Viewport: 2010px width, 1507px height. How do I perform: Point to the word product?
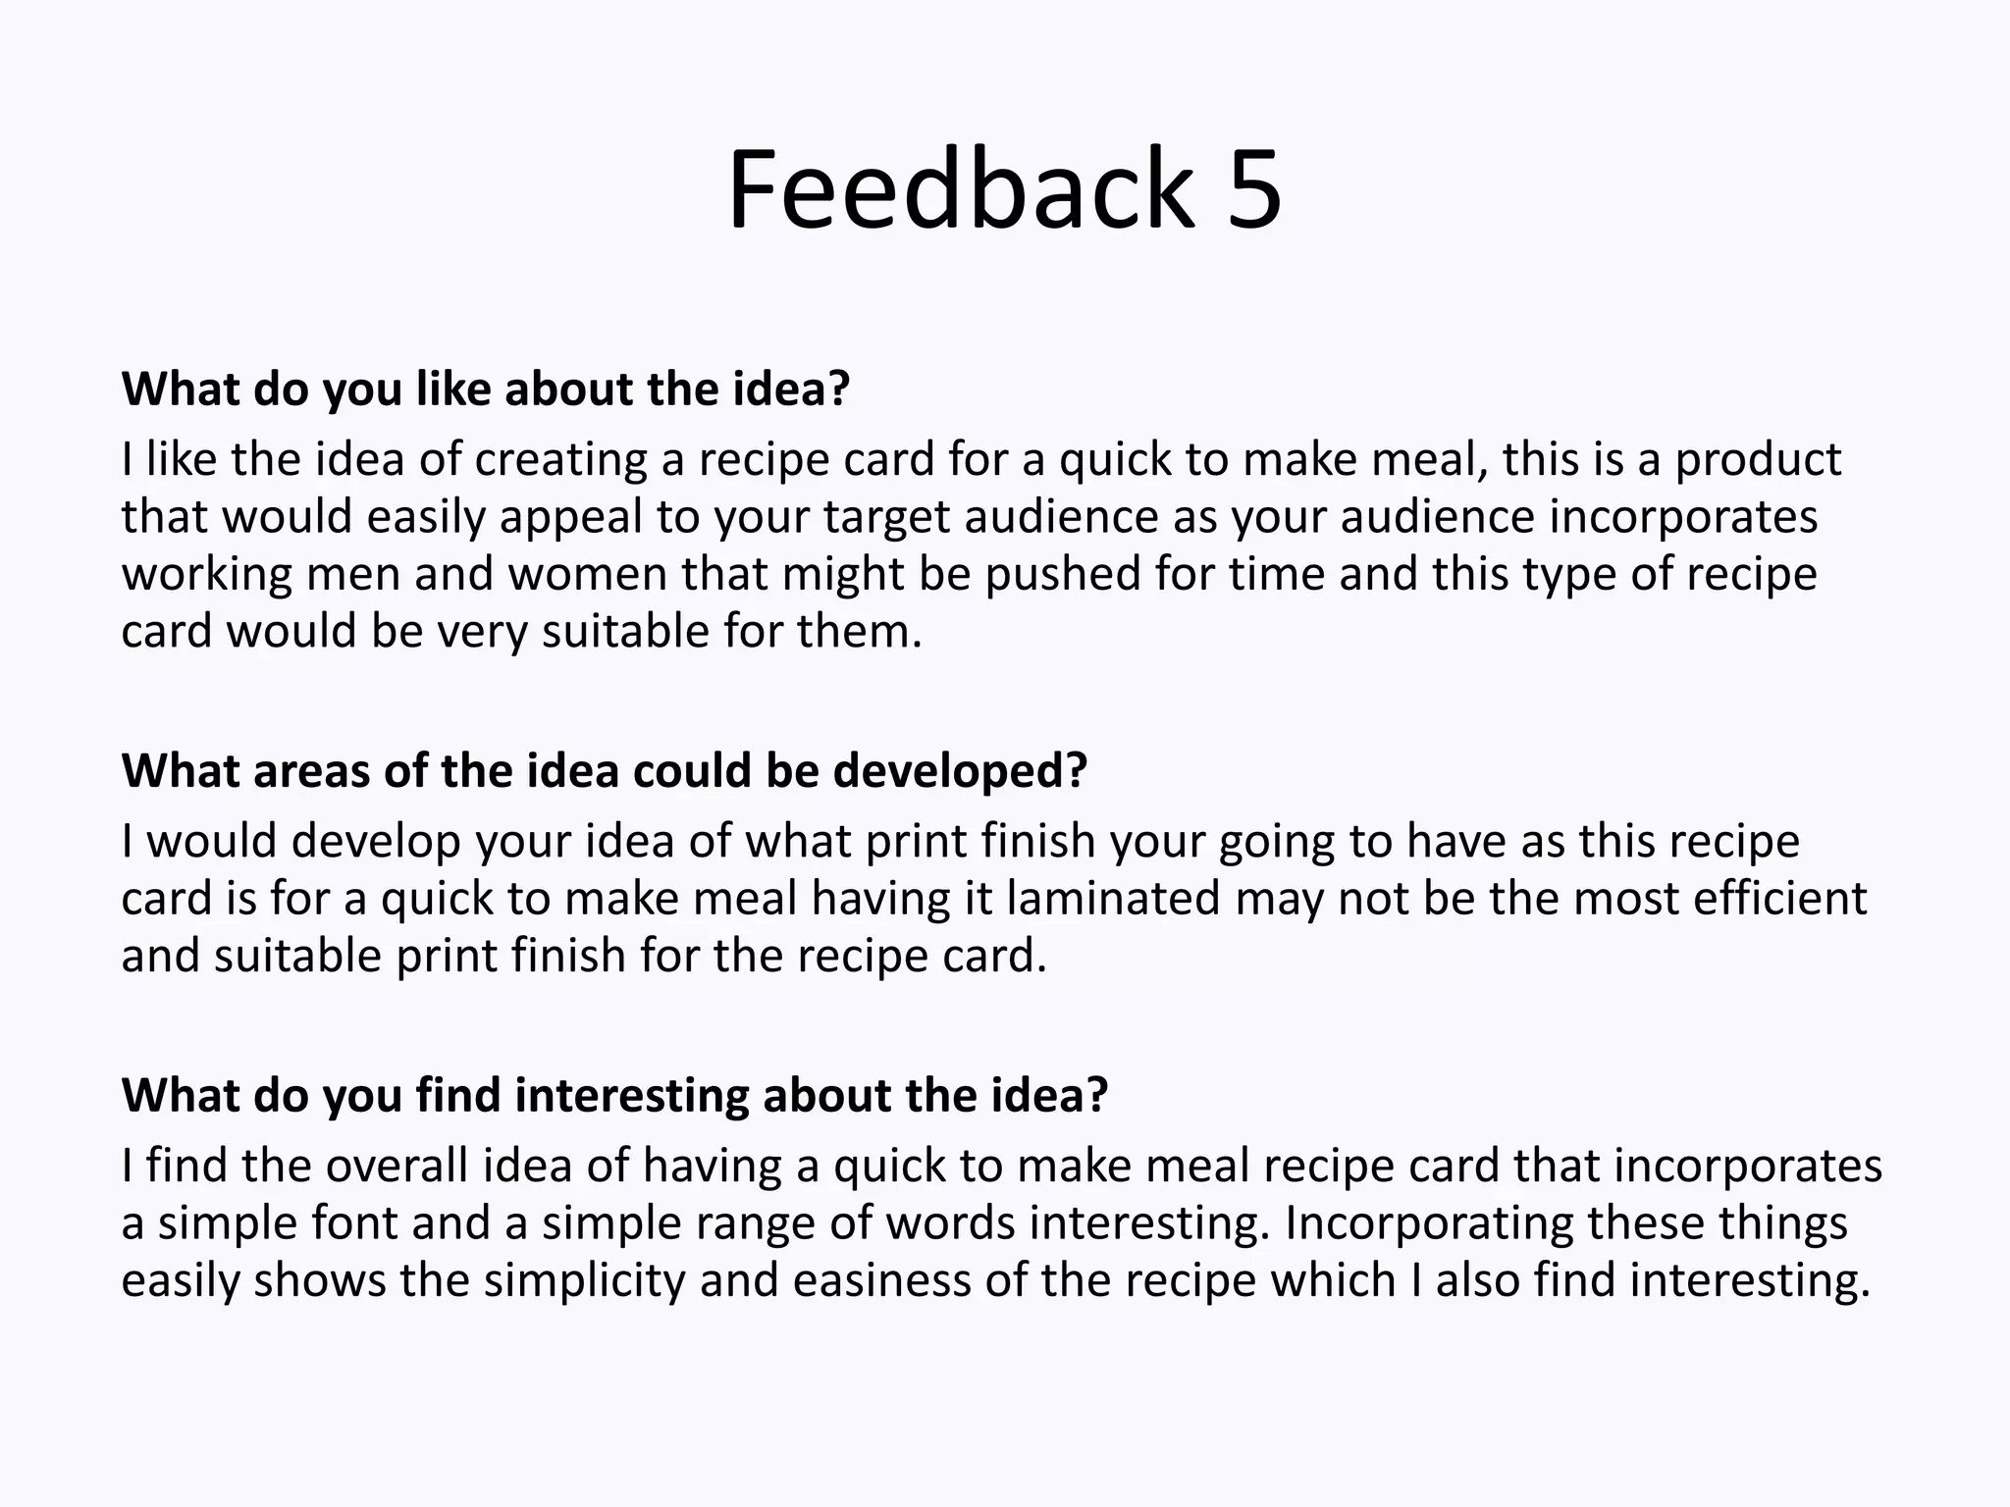pyautogui.click(x=1758, y=459)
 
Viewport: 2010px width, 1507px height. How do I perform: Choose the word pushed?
pyautogui.click(x=1063, y=574)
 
